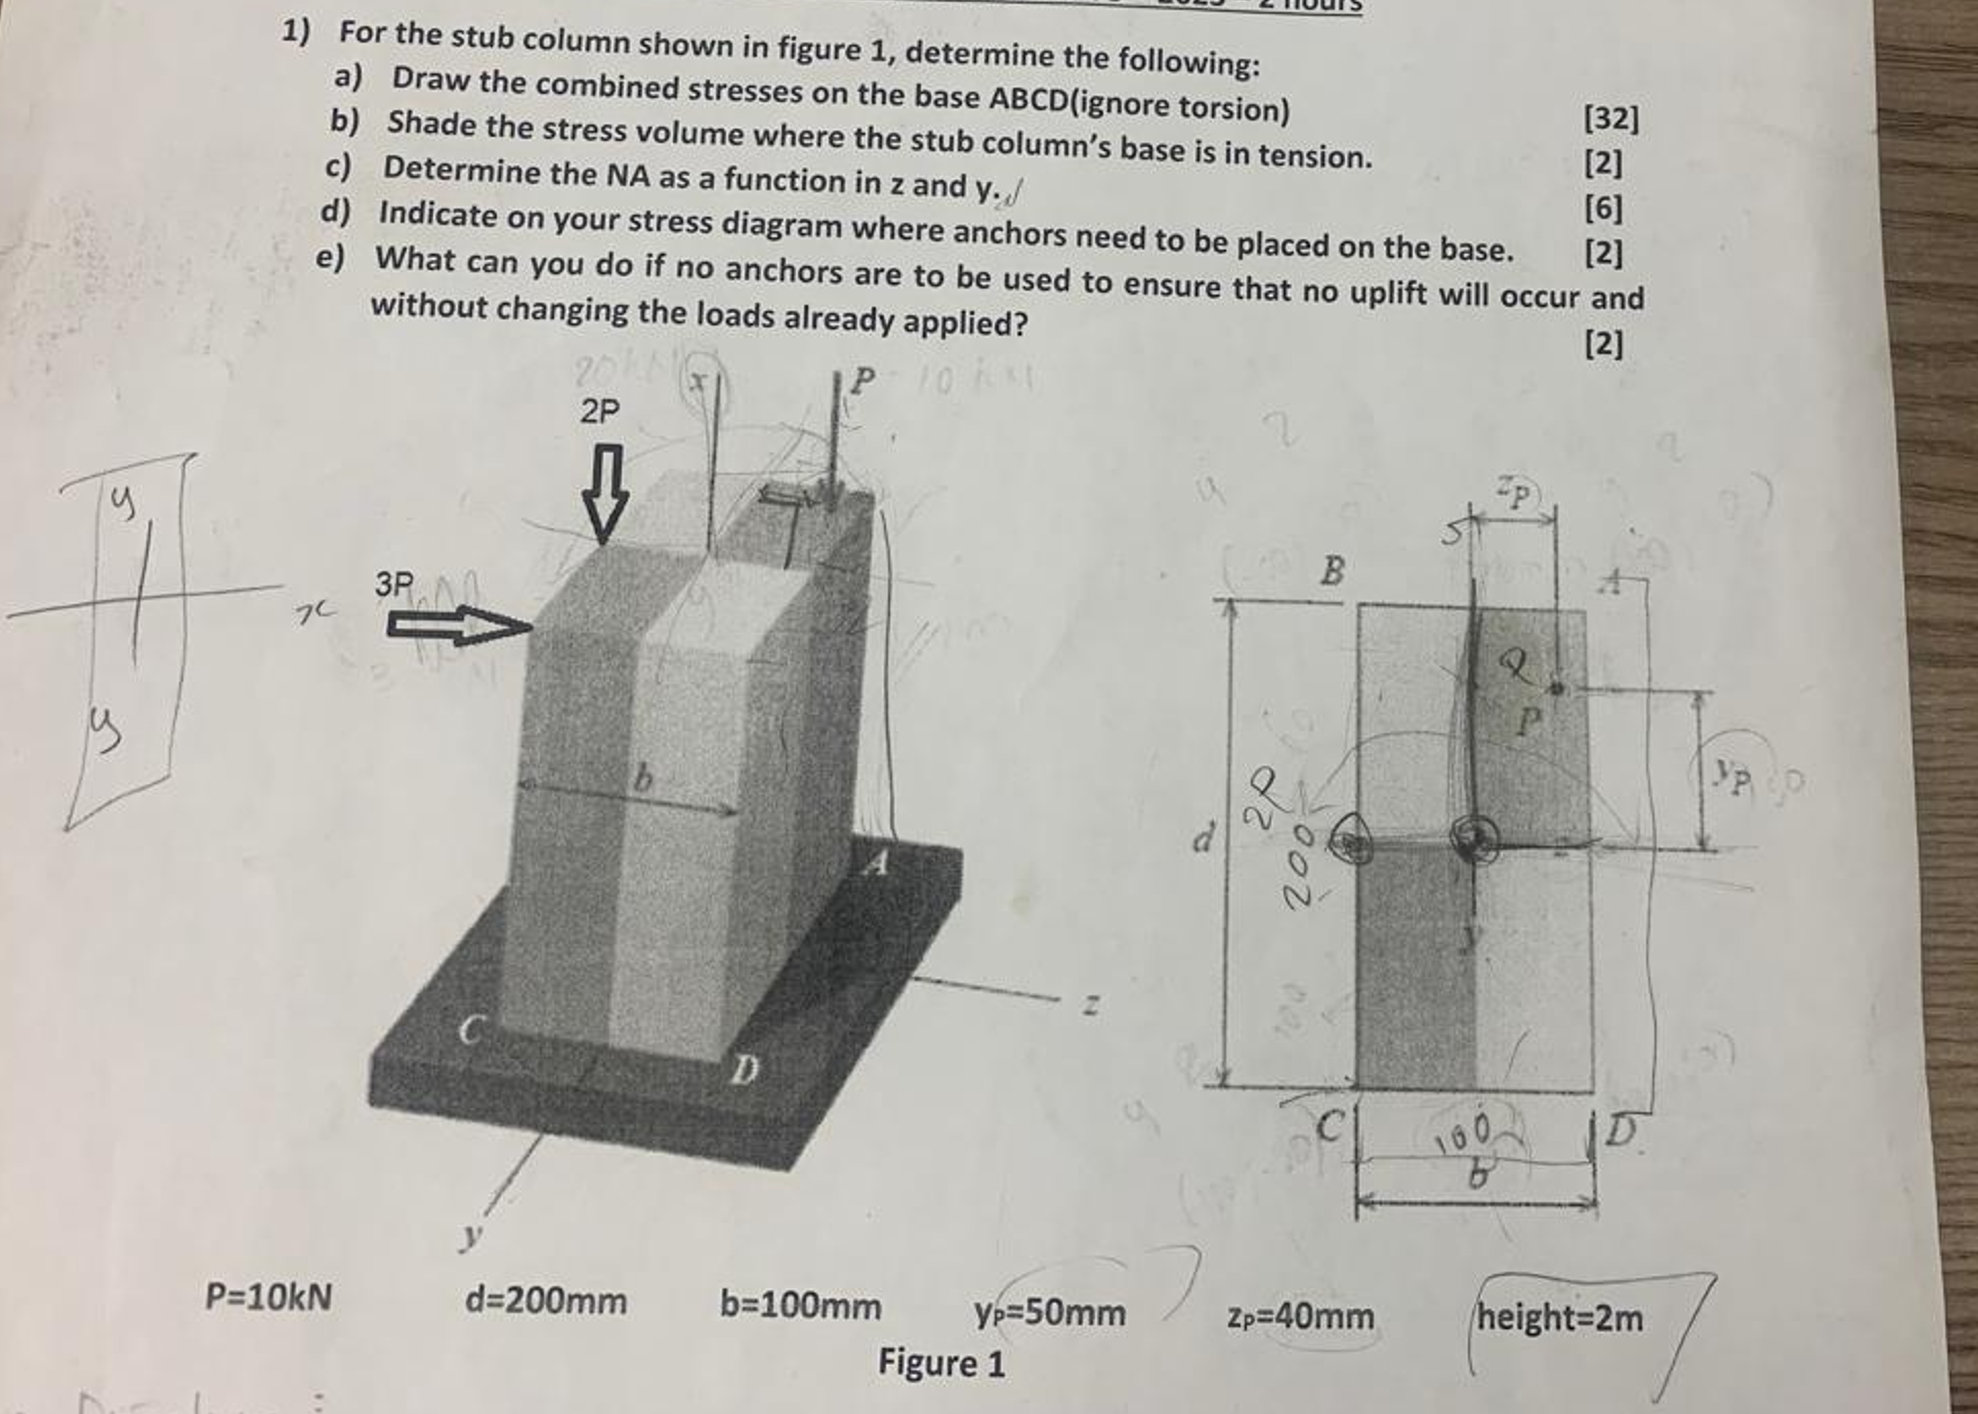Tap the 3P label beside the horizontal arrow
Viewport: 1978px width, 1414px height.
[394, 584]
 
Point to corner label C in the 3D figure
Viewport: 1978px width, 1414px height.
[470, 1031]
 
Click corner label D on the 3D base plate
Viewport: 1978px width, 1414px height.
[742, 1070]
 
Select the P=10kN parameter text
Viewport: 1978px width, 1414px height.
[268, 1297]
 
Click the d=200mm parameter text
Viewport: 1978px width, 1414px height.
[546, 1301]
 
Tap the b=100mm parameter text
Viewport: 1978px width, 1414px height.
[800, 1305]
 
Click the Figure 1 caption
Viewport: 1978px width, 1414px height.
[941, 1362]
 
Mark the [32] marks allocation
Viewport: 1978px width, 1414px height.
[1612, 119]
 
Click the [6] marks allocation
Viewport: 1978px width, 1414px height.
[1603, 208]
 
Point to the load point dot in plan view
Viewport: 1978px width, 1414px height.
[1557, 688]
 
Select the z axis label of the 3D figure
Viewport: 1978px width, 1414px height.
[1088, 1007]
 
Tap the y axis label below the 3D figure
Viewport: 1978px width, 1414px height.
[472, 1235]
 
